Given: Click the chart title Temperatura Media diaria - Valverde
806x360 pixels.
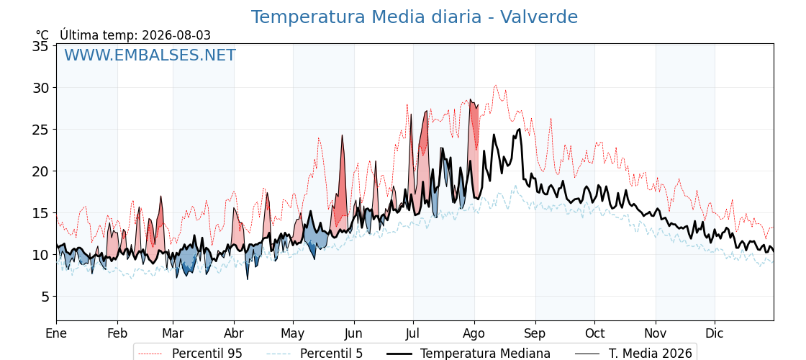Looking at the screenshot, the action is (415, 17).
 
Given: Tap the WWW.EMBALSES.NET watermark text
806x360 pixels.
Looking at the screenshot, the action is (150, 55).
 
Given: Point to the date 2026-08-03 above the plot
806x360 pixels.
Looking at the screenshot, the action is (176, 35).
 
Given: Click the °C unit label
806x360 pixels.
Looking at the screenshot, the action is (42, 35).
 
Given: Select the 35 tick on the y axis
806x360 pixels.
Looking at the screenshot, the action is (40, 46).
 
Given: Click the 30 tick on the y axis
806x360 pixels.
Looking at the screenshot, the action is (40, 88).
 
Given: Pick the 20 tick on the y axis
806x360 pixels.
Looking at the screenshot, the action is (40, 171).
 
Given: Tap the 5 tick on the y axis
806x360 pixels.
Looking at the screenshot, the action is (45, 296).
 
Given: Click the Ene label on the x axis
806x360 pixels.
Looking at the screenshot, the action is (56, 334).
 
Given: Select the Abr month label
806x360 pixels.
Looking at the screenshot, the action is (234, 334).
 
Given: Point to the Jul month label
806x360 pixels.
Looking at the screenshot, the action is (413, 334).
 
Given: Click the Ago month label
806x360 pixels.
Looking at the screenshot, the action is (474, 334).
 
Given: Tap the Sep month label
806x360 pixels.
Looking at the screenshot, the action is (535, 334).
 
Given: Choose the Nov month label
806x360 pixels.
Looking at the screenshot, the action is (656, 334).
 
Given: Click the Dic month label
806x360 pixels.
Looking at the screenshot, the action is (715, 334).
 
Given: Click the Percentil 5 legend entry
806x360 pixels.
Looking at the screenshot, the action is (314, 354).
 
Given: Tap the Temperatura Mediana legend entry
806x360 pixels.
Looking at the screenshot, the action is (468, 354).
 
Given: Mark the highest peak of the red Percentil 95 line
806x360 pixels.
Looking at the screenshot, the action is (495, 86).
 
